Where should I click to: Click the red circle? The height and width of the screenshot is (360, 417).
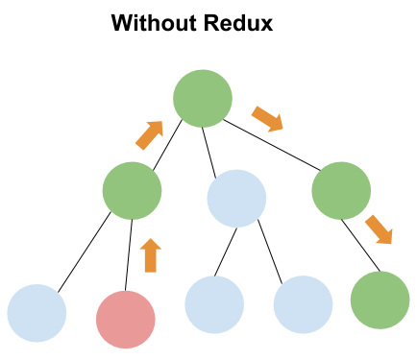[126, 320]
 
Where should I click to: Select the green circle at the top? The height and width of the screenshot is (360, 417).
[203, 98]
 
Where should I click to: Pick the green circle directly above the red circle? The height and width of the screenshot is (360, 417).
[132, 190]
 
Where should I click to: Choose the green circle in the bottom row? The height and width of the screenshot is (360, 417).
[380, 300]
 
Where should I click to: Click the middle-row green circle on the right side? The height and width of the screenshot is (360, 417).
[341, 190]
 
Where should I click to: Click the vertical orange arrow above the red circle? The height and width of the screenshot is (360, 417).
[150, 256]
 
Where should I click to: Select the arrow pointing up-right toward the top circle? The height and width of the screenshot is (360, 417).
[150, 134]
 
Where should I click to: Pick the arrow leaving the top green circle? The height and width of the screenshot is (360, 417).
[267, 119]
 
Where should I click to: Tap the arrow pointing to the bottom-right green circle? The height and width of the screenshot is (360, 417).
[379, 229]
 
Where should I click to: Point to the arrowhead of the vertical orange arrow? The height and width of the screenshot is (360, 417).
[150, 244]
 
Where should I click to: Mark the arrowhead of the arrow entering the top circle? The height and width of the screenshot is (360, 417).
[158, 126]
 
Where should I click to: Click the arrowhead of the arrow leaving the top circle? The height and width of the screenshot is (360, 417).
[277, 125]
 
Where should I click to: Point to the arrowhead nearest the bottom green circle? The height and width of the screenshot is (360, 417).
[386, 238]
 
